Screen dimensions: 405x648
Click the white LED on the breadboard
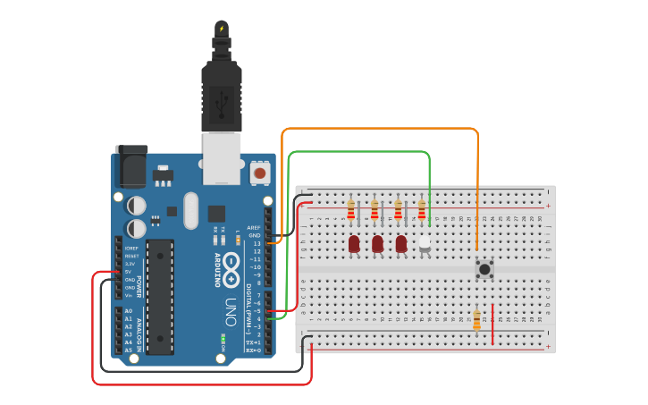(424, 243)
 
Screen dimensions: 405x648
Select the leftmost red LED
(354, 243)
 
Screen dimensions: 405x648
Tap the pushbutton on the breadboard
(484, 268)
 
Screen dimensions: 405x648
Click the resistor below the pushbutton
(476, 319)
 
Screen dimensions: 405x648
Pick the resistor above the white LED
(422, 210)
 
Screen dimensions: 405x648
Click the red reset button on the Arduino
(260, 172)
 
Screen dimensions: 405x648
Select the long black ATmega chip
(160, 296)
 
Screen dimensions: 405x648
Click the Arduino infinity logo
(231, 267)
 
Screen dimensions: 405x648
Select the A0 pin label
(128, 311)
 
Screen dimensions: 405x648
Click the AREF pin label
(254, 228)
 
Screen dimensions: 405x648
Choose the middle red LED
(377, 243)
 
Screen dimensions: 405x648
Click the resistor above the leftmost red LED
(351, 210)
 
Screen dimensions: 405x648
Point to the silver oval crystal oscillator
(190, 210)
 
